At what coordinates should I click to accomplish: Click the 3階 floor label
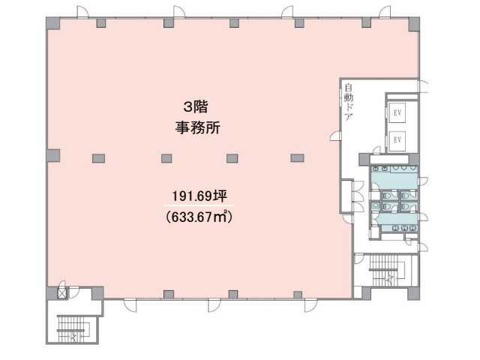pos(196,107)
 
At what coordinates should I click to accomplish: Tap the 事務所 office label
pos(198,127)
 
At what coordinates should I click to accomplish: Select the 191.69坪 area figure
pos(199,196)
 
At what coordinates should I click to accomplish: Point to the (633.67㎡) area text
pos(199,217)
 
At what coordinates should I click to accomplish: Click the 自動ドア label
pos(349,102)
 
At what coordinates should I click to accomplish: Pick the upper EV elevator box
pos(397,113)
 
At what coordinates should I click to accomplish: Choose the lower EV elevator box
pos(397,140)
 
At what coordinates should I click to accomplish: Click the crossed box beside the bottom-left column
pos(62,293)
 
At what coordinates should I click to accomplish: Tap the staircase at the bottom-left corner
pos(73,329)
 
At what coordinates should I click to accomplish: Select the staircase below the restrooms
pos(387,270)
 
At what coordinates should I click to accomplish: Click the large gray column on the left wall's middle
pos(53,155)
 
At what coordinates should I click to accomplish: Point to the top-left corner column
pos(53,23)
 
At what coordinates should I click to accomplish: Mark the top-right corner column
pos(414,24)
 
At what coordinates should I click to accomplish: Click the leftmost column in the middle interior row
pos(98,158)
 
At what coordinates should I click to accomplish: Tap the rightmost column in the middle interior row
pos(297,158)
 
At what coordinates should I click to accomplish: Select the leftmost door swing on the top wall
pos(82,12)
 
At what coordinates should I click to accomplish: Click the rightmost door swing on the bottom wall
pos(311,305)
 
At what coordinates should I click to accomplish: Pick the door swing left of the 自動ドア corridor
pos(335,136)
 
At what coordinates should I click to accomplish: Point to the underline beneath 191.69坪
pos(199,205)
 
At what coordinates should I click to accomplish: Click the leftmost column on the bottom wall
pos(169,295)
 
